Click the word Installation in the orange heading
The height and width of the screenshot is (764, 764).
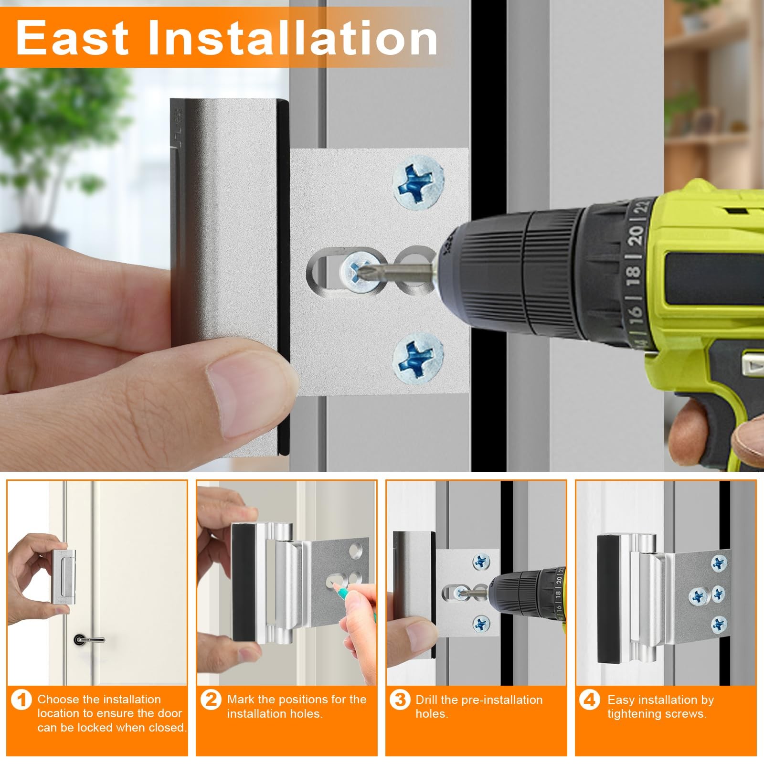click(x=293, y=38)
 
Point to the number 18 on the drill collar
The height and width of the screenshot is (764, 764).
click(x=633, y=272)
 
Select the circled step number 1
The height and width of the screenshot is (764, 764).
click(x=21, y=700)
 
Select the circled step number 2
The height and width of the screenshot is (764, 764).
click(x=211, y=700)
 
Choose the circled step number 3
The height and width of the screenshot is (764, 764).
click(x=400, y=700)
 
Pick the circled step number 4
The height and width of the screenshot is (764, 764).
click(x=590, y=700)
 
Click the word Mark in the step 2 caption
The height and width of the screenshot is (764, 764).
click(x=241, y=700)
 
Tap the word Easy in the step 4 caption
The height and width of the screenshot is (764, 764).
click(x=621, y=700)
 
